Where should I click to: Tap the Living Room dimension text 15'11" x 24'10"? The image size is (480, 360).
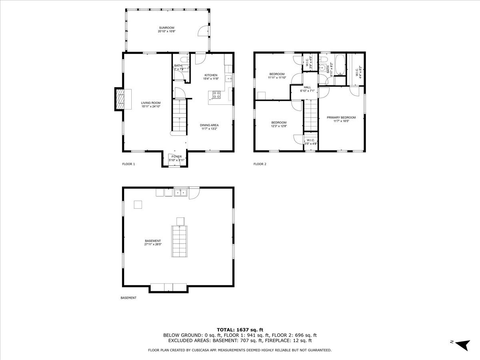coord(151,107)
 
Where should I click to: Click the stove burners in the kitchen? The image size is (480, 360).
coord(216,95)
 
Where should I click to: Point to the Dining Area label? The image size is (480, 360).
coord(210,125)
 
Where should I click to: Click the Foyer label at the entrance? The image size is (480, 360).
coord(176,156)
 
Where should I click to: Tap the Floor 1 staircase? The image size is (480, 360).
coord(180,116)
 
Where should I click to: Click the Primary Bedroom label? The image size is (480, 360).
coord(341,118)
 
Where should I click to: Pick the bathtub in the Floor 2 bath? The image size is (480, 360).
coord(340,65)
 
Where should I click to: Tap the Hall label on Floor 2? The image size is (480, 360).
coord(307,87)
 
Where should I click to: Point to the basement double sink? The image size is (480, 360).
coord(180,193)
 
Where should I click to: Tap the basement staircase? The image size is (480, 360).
coord(180,241)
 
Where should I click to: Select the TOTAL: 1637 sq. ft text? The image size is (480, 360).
coord(240,330)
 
